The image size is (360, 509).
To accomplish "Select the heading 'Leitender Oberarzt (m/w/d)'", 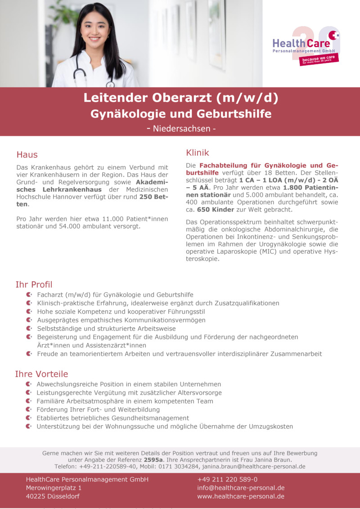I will tap(181, 97).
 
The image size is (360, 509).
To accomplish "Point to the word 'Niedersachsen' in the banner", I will tap(181, 128).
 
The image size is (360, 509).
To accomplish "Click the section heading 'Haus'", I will tap(27, 154).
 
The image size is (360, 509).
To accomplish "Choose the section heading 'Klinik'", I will tap(198, 153).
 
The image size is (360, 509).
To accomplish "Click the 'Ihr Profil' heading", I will tap(34, 284).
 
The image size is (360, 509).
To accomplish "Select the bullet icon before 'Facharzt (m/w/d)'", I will tap(29, 294).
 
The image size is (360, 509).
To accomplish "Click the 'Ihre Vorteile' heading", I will tap(41, 374).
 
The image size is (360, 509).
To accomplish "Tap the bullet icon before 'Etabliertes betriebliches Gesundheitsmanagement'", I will tap(29, 418).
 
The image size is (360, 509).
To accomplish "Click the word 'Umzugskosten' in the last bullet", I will tap(271, 426).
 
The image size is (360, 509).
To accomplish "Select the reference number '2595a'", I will tap(153, 460).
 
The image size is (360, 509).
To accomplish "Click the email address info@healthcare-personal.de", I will tap(241, 488).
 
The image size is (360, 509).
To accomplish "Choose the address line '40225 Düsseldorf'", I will tap(53, 496).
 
